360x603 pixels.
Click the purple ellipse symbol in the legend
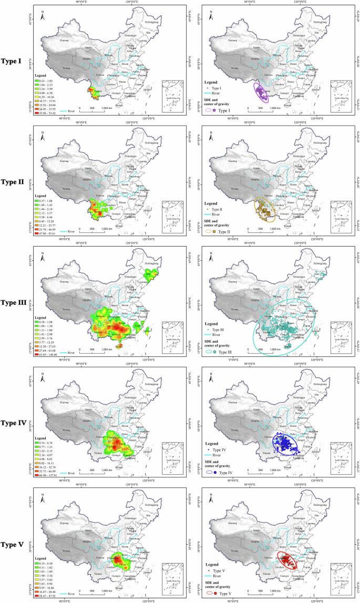click(209, 109)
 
